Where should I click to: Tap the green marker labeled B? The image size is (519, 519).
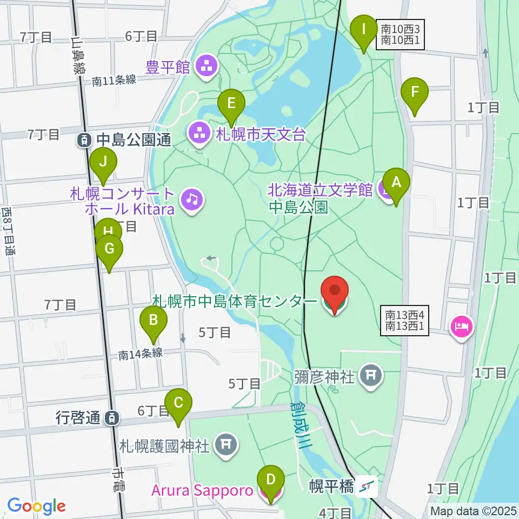point(153,321)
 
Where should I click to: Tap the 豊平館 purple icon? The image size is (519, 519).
point(206,68)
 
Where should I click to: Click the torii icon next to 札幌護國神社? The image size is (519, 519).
point(225,445)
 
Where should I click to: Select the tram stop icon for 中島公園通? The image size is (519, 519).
point(84,141)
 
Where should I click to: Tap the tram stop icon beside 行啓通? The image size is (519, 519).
point(111,417)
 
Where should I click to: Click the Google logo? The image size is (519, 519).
point(36,506)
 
